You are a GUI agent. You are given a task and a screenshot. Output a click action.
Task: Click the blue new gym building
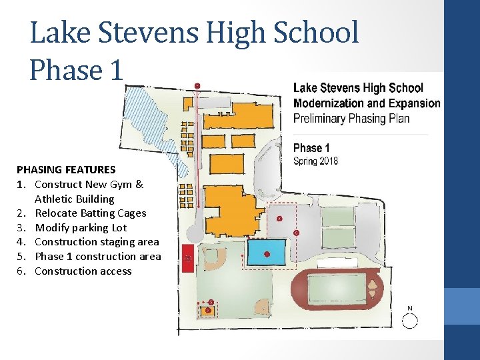[x=266, y=252]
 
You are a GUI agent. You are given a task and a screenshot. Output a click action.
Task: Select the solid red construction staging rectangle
[x=188, y=258]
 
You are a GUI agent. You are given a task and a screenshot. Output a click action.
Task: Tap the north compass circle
[x=409, y=321]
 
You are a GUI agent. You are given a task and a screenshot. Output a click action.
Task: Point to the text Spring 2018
[x=315, y=161]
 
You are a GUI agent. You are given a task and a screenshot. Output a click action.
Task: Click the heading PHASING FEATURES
[x=66, y=169]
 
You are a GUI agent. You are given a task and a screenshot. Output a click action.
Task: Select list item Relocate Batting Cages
[x=91, y=213]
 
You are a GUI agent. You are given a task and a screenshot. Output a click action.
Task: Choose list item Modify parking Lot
[x=81, y=228]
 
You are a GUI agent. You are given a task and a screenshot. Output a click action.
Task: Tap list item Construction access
[x=83, y=271]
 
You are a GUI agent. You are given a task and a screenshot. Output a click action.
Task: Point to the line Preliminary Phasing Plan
[x=351, y=119]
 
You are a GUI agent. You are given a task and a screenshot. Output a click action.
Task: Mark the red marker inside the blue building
[x=267, y=254]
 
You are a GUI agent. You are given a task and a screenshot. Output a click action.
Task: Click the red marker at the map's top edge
[x=197, y=86]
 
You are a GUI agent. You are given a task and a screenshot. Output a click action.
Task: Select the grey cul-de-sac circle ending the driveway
[x=195, y=233]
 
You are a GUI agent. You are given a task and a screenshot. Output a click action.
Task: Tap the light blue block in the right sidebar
[x=462, y=306]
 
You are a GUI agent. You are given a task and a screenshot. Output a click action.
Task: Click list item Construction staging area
[x=97, y=242]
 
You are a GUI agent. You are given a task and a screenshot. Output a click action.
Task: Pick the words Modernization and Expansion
[x=367, y=103]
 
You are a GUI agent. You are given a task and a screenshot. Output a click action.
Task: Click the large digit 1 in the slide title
[x=117, y=70]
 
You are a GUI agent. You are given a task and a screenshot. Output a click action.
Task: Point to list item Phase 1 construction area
[x=98, y=257]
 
